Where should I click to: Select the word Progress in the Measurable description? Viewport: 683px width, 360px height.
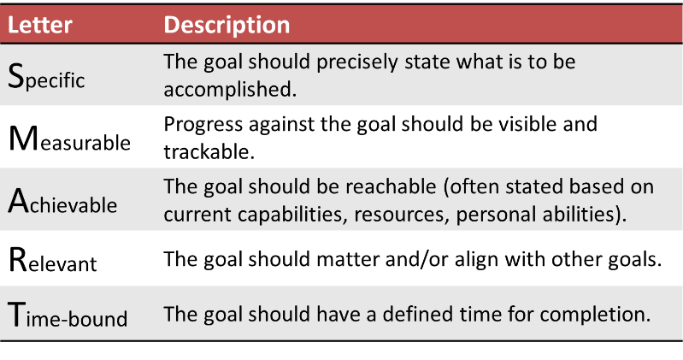(198, 126)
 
